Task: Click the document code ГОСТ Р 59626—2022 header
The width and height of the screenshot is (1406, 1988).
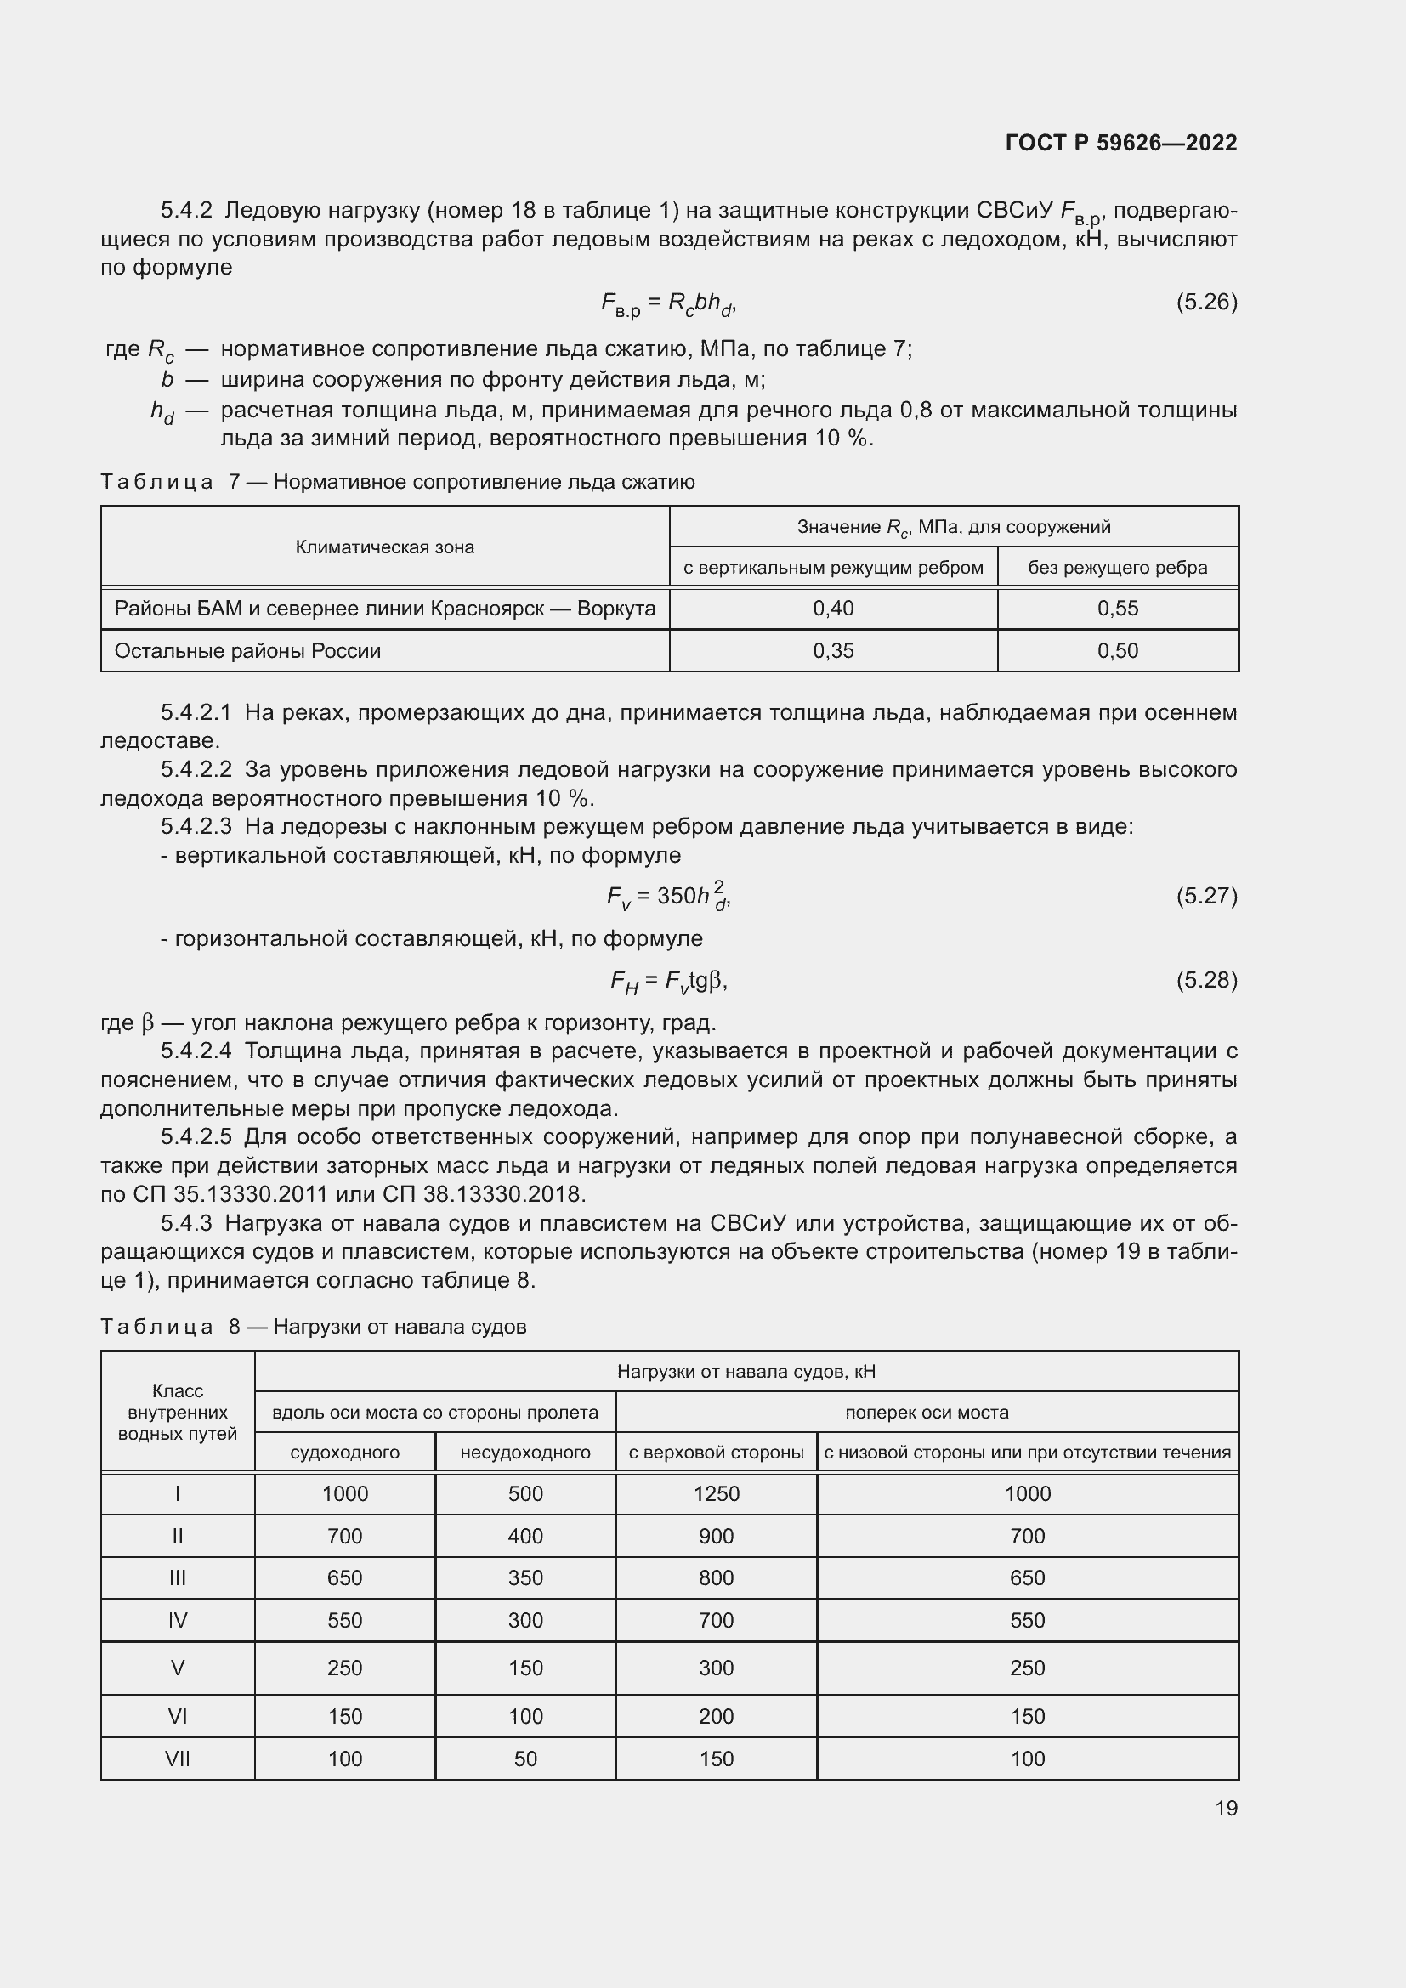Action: tap(1120, 143)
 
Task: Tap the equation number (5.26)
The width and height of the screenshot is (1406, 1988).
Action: tap(1206, 302)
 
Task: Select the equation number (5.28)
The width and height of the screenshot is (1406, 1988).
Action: tap(1206, 979)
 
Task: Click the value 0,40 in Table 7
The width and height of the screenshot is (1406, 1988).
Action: tap(833, 608)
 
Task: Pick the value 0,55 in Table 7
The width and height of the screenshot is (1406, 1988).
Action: tap(1117, 608)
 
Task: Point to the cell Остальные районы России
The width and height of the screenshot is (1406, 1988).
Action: tap(247, 650)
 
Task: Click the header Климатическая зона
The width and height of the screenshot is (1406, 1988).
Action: tap(384, 547)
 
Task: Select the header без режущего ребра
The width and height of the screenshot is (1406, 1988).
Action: tap(1117, 567)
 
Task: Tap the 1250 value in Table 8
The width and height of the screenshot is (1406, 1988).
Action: tap(716, 1493)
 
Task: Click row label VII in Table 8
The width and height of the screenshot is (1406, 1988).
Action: tap(178, 1759)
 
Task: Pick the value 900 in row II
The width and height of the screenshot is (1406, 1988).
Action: tap(716, 1536)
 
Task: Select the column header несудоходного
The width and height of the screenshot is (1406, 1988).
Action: tap(524, 1452)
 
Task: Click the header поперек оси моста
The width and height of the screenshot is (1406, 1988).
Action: tap(927, 1413)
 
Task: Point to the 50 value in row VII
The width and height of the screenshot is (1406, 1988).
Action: tap(524, 1759)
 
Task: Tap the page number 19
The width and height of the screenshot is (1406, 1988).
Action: tap(1226, 1808)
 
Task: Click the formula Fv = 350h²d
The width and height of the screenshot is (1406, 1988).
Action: tap(668, 895)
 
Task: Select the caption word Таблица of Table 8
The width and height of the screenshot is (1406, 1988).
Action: tap(156, 1327)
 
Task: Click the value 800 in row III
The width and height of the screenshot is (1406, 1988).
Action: tap(716, 1577)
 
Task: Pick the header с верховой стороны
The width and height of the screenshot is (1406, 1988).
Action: tap(716, 1452)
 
